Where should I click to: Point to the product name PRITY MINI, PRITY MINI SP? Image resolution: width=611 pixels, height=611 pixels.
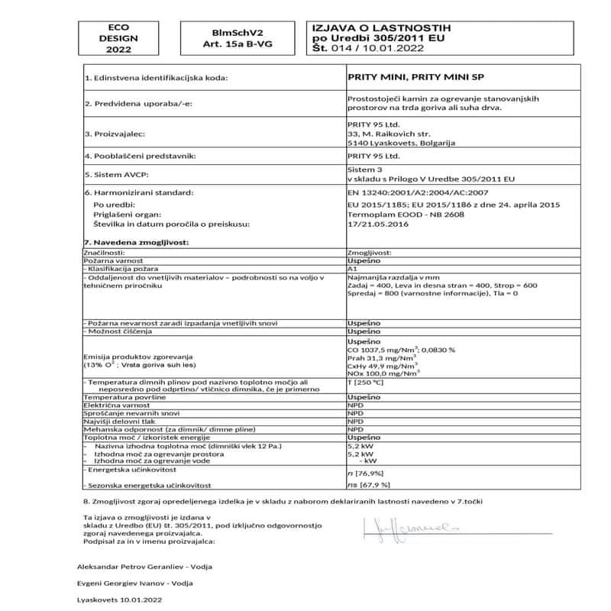click(x=416, y=77)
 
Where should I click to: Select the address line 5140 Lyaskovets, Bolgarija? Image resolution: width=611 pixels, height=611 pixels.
click(x=401, y=142)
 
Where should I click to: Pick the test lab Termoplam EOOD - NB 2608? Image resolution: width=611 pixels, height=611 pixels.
click(x=406, y=215)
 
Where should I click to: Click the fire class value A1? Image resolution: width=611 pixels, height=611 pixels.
click(x=352, y=269)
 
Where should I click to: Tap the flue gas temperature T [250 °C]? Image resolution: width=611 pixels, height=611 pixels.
click(x=365, y=382)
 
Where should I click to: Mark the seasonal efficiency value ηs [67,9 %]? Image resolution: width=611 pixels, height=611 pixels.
click(x=368, y=484)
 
